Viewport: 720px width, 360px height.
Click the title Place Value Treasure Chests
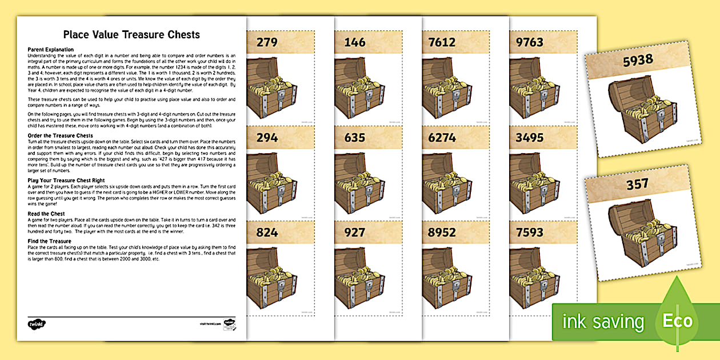pos(132,35)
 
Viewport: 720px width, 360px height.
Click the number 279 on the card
pos(267,42)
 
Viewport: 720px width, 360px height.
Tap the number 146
pos(355,42)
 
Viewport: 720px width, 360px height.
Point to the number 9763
pos(530,42)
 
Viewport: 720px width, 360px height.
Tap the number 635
pos(355,137)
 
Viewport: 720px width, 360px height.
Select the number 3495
pos(530,137)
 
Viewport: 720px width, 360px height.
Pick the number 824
pos(267,233)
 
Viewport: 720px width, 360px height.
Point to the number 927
pos(355,233)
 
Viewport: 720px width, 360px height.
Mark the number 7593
pos(530,233)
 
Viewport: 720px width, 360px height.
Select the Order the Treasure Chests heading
pos(61,135)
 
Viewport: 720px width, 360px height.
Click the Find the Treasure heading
pos(50,241)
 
